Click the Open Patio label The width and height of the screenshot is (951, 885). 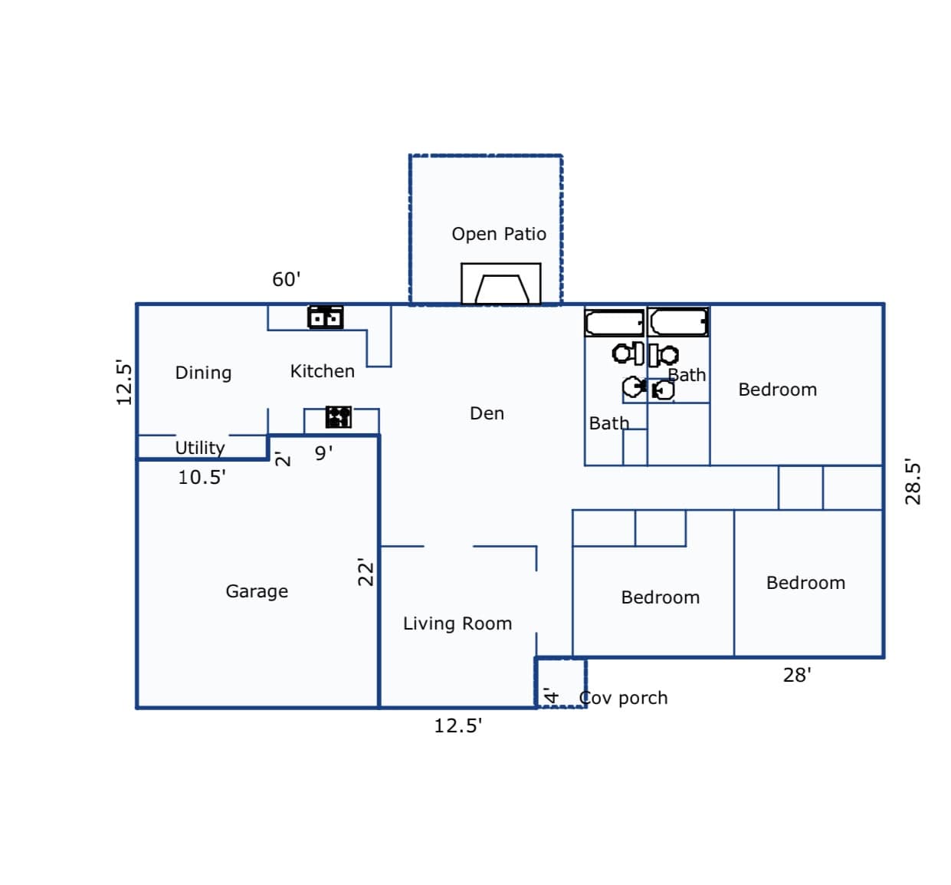point(498,234)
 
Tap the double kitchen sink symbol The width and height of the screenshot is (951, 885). point(325,317)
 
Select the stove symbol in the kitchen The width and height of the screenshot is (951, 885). point(338,416)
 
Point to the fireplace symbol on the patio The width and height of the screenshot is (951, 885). point(501,284)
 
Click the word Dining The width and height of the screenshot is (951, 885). point(203,373)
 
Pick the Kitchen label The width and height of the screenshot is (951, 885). point(323,371)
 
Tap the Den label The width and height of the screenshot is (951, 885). point(487,413)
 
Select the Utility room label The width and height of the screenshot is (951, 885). point(200,448)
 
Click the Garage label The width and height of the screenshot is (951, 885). point(257,591)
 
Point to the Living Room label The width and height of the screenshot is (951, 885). point(457,623)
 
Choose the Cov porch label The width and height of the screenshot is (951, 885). point(623,698)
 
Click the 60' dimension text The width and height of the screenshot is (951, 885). point(287,279)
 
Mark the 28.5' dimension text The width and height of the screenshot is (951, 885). point(913,482)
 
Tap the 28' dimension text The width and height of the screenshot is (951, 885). point(797,675)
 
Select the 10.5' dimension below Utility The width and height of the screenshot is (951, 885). point(202,478)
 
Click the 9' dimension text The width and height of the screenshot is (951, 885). point(323,452)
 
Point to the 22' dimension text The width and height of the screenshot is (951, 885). point(366,571)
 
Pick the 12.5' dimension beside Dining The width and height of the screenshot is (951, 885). point(124,382)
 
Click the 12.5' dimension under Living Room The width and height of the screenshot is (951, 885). point(457,725)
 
